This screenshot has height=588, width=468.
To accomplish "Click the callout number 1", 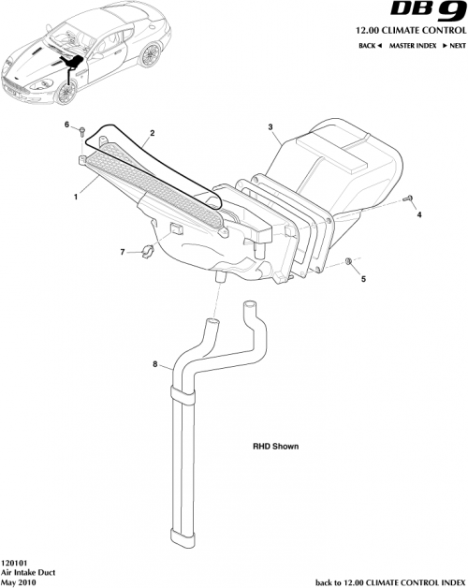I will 76,198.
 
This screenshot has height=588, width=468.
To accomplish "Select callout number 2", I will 153,134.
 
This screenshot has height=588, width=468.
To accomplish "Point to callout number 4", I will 419,215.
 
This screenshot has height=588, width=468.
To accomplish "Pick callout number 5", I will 364,278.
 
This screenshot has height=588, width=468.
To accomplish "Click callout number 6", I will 66,125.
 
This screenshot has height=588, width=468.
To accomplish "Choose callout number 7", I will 121,252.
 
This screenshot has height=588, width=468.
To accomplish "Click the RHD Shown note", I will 275,447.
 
